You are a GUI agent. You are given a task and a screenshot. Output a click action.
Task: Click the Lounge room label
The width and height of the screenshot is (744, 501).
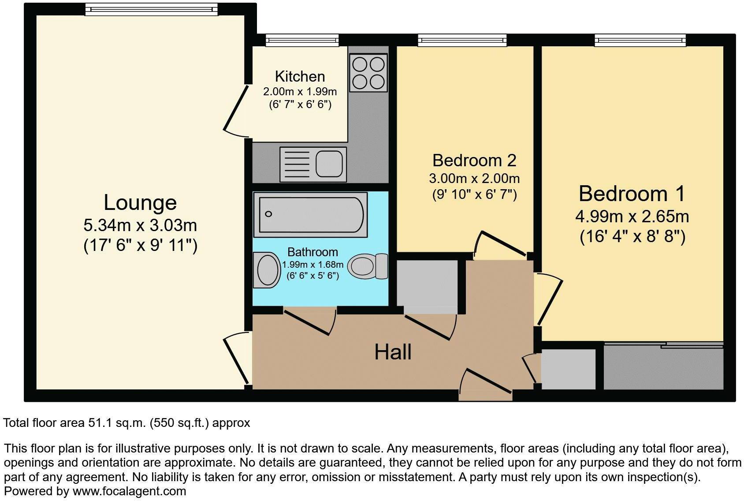(140, 203)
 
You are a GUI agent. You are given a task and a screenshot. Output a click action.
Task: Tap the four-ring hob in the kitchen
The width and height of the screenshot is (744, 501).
(368, 73)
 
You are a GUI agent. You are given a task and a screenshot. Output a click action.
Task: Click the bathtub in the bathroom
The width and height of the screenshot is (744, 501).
(311, 214)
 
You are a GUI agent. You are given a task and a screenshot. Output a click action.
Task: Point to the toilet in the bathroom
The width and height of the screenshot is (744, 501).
(367, 266)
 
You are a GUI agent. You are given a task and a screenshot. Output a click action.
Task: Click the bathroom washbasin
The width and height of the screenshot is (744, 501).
(266, 269)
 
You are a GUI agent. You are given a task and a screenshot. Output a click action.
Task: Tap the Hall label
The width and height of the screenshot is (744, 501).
(393, 352)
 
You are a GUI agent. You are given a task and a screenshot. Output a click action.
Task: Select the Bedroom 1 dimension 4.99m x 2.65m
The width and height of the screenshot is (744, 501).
(632, 217)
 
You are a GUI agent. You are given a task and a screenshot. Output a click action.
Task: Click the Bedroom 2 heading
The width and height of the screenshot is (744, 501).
(474, 161)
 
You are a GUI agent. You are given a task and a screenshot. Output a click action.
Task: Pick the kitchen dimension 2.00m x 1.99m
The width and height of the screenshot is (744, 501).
(300, 92)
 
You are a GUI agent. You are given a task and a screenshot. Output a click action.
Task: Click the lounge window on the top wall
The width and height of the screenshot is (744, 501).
(151, 9)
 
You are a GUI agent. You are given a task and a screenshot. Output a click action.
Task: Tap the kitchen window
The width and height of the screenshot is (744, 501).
(302, 41)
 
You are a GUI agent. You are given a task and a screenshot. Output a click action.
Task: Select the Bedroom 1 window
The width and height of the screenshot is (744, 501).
(640, 41)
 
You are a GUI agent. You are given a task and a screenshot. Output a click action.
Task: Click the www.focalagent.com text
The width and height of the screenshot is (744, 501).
(129, 491)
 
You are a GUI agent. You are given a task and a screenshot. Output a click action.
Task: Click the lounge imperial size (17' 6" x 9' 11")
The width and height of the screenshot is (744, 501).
(140, 245)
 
